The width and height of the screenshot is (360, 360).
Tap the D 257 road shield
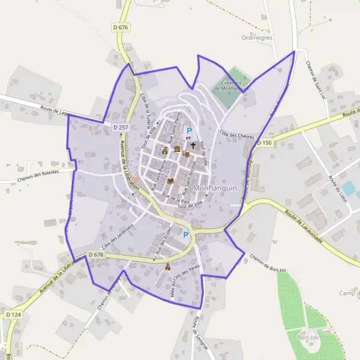tap(121, 128)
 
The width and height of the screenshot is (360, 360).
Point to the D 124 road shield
tap(13, 314)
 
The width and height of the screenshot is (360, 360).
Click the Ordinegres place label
tap(257, 37)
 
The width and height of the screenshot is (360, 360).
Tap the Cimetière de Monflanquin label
tap(230, 85)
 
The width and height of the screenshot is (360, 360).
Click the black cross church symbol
tap(193, 145)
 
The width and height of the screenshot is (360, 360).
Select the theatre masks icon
tap(186, 154)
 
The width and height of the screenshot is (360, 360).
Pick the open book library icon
tap(170, 180)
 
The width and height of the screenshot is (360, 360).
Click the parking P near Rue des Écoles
tap(186, 235)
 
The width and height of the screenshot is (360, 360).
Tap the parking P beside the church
tap(190, 131)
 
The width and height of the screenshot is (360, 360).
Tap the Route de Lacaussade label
tap(304, 227)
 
